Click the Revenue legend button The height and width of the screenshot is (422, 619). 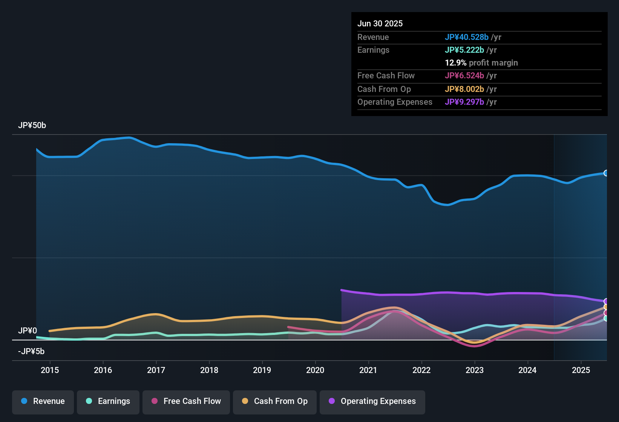coord(43,401)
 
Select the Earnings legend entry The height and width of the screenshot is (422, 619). coord(108,401)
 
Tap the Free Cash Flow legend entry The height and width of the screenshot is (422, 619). coord(186,401)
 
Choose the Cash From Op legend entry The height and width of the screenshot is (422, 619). coord(275,401)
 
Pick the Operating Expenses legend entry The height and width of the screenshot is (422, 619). coord(372,401)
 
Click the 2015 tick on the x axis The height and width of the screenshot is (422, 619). coord(50,370)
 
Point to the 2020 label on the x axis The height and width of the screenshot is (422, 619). coord(315,370)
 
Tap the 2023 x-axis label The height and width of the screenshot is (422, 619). coord(475,370)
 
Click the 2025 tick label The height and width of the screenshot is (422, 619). coord(581,370)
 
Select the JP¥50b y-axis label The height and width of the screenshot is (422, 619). coord(32,125)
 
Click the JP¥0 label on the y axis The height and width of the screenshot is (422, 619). coord(28,331)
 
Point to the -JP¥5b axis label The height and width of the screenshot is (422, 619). coord(31,352)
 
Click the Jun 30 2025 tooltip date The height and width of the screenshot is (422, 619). coord(380,24)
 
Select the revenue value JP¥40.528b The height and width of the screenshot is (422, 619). coord(467,37)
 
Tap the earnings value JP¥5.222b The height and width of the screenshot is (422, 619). coord(464,50)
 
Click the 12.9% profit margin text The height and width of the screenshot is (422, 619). coord(481,63)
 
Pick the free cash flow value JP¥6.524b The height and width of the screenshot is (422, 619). coord(464,76)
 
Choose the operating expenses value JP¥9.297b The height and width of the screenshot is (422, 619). coord(464,102)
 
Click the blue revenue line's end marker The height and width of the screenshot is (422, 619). coord(606,173)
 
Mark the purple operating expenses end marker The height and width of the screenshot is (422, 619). coord(606,301)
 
